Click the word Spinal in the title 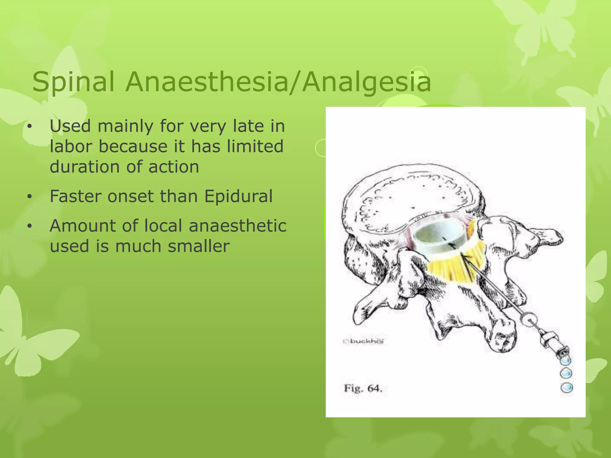(73, 82)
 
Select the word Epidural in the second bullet (238, 196)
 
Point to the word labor (71, 146)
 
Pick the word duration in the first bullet (84, 167)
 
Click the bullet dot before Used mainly (29, 127)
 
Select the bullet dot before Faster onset (29, 197)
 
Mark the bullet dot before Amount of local (29, 227)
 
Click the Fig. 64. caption (363, 389)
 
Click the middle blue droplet (566, 373)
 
